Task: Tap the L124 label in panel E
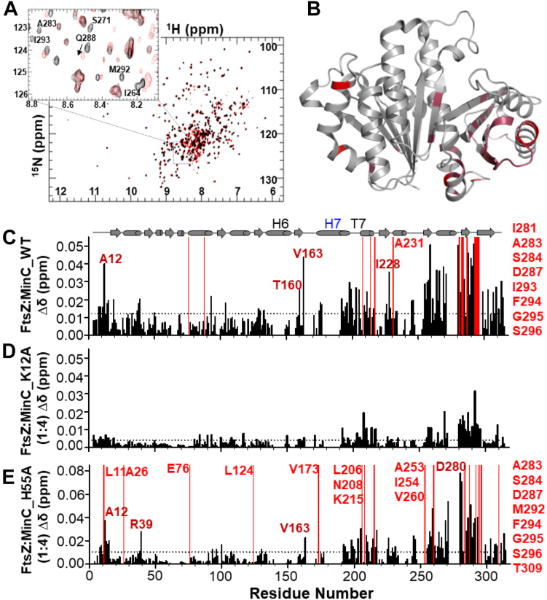(239, 469)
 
